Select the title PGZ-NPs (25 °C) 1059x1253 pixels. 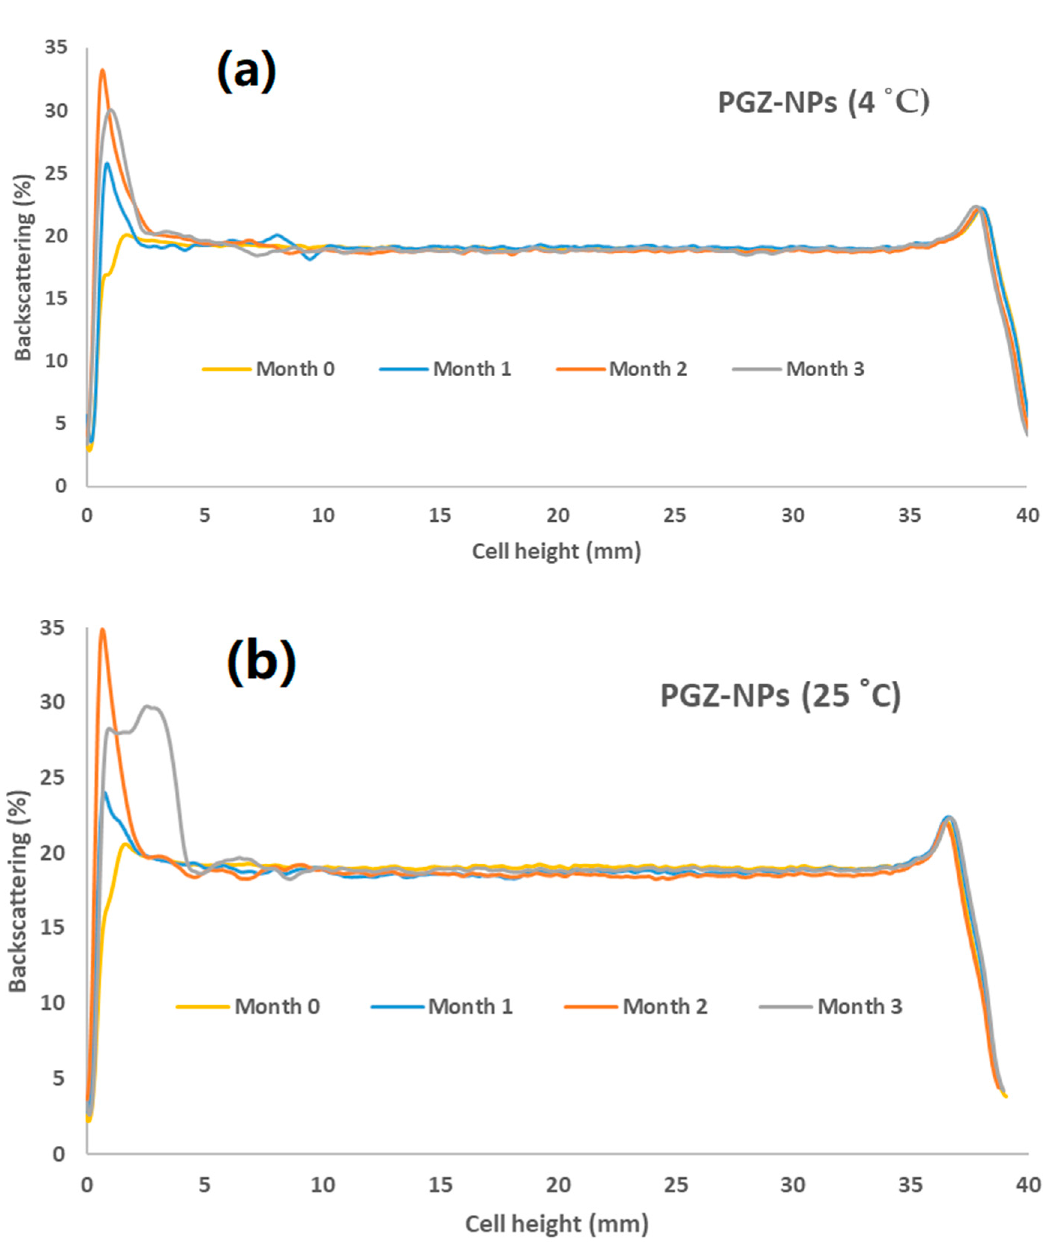point(780,696)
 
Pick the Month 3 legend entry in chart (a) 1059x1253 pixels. point(799,368)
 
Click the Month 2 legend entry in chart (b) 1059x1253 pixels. point(637,1006)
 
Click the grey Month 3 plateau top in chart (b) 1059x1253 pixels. point(150,706)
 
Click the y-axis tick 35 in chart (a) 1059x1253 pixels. point(56,47)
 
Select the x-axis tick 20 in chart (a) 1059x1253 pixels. point(557,515)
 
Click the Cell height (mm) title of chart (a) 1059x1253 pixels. point(556,551)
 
